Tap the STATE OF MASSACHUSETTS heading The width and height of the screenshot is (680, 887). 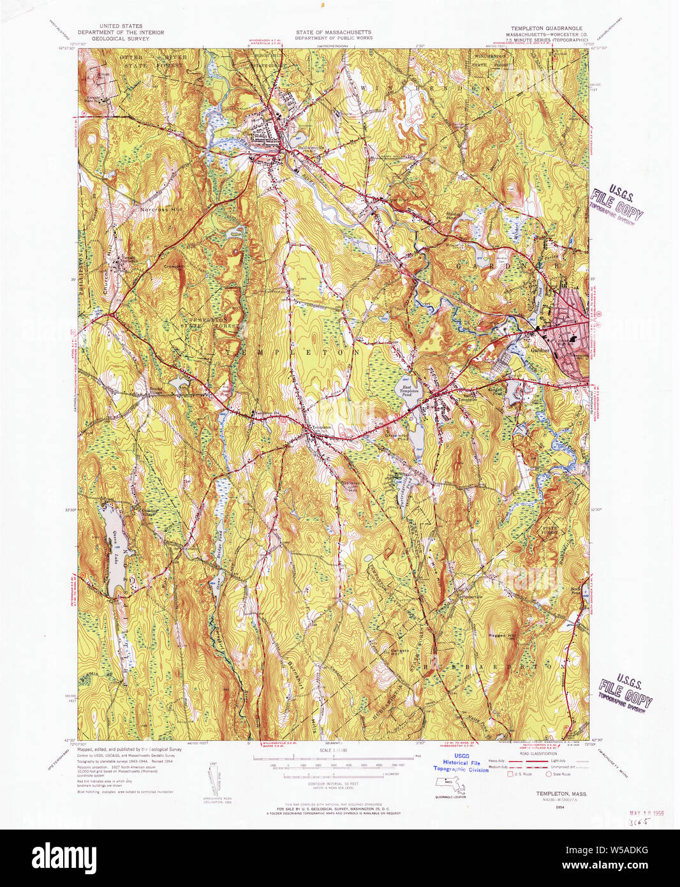coord(333,32)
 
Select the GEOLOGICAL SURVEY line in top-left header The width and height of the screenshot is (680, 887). coord(121,39)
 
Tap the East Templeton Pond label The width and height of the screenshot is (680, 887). coord(409,390)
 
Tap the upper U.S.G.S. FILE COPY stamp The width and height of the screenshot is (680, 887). coord(616,203)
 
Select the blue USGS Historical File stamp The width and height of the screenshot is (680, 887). coord(461,763)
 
